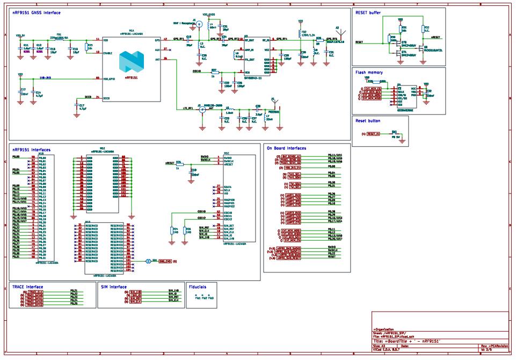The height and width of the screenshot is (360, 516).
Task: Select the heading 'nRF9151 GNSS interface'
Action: [x=37, y=12]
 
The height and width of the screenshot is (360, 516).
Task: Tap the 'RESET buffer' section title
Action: [x=370, y=12]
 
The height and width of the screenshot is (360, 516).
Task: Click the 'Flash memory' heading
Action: [x=369, y=71]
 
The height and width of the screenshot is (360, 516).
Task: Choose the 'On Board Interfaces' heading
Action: [x=287, y=148]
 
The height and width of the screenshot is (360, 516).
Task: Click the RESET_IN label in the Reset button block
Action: [x=374, y=133]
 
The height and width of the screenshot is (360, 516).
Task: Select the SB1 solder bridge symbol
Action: [x=148, y=262]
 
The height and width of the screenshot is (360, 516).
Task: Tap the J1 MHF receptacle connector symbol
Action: [x=199, y=25]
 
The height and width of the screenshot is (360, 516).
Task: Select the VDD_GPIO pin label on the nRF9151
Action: [x=108, y=78]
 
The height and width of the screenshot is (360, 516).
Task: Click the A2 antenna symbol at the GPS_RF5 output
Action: [x=338, y=31]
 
